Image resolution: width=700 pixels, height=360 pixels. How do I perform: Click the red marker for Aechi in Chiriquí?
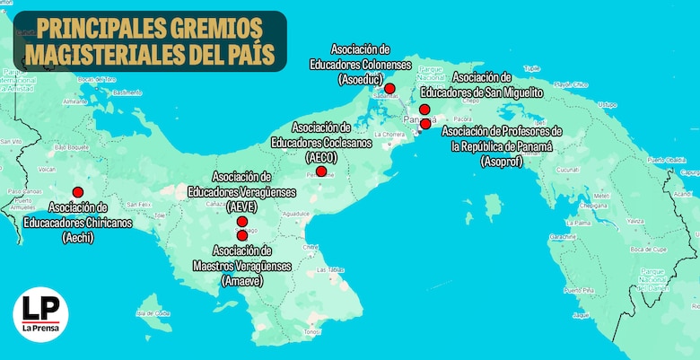[78, 191]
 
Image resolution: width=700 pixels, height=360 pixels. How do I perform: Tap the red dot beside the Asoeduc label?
[389, 89]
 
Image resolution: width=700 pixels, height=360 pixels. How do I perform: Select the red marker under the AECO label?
[321, 171]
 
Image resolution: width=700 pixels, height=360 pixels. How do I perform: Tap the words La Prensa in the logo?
[40, 328]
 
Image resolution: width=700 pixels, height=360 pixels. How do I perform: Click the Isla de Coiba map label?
[153, 313]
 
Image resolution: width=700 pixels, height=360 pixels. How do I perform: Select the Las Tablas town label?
[334, 269]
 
